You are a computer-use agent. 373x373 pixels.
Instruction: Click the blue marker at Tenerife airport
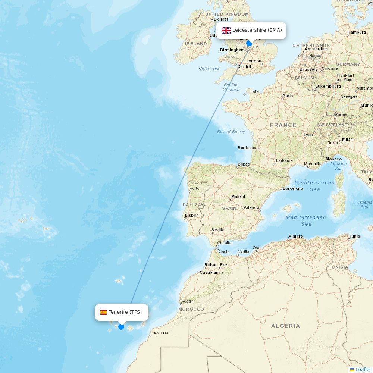121,327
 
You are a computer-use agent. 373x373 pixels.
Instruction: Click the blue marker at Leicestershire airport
249,43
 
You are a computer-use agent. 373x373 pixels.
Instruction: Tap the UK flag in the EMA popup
226,31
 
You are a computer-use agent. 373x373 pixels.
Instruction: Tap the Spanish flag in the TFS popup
103,312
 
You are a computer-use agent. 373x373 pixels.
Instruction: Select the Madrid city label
238,197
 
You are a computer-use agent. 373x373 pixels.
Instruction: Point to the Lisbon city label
192,215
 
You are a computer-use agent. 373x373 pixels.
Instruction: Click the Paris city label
288,96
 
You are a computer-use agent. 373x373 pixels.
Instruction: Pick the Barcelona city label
293,188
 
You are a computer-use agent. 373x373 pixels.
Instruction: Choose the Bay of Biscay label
231,132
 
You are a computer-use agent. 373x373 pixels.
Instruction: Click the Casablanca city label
211,272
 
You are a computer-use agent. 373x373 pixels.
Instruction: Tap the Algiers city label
295,236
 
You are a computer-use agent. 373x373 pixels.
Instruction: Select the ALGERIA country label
285,326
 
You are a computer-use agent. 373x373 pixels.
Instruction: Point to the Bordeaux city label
247,148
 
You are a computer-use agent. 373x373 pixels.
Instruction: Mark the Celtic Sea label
209,68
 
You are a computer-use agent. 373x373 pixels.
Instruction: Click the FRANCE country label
283,125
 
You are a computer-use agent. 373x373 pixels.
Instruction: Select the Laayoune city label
159,333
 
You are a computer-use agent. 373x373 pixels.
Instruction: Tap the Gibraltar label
225,243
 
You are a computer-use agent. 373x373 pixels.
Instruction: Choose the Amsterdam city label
316,49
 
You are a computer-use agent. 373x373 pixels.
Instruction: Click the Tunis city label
355,236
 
